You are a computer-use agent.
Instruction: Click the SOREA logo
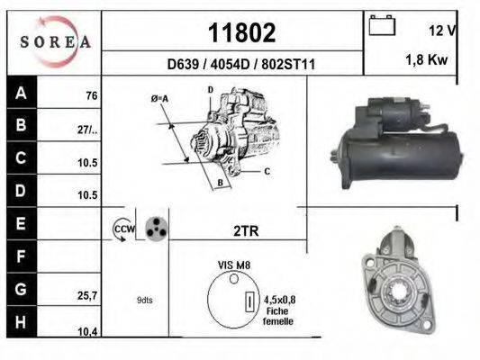click(x=55, y=41)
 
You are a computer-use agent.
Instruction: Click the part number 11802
click(x=242, y=32)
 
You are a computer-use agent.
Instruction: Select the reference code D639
click(x=183, y=65)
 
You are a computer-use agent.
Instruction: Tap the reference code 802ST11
click(x=288, y=65)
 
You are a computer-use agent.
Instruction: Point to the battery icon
click(x=382, y=25)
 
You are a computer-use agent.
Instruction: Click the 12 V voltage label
click(x=443, y=31)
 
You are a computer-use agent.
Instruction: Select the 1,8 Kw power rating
click(x=427, y=59)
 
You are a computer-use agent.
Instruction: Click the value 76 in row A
click(x=92, y=95)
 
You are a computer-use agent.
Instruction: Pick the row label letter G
click(x=21, y=289)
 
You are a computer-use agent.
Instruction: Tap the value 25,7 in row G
click(x=87, y=296)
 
